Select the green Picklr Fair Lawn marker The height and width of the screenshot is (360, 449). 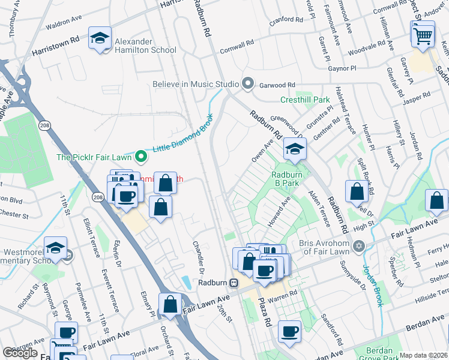pos(141,157)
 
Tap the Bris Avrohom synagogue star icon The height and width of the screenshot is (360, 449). pos(359,246)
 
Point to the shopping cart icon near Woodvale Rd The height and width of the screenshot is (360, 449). pos(423,35)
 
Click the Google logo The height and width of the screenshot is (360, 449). pos(20,353)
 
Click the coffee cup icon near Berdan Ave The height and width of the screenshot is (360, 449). pos(289,331)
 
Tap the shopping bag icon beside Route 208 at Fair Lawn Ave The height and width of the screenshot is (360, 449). pos(171,304)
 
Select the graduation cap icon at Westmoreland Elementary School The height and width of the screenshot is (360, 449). pos(55,248)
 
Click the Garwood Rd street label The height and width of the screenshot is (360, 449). pos(278,85)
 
